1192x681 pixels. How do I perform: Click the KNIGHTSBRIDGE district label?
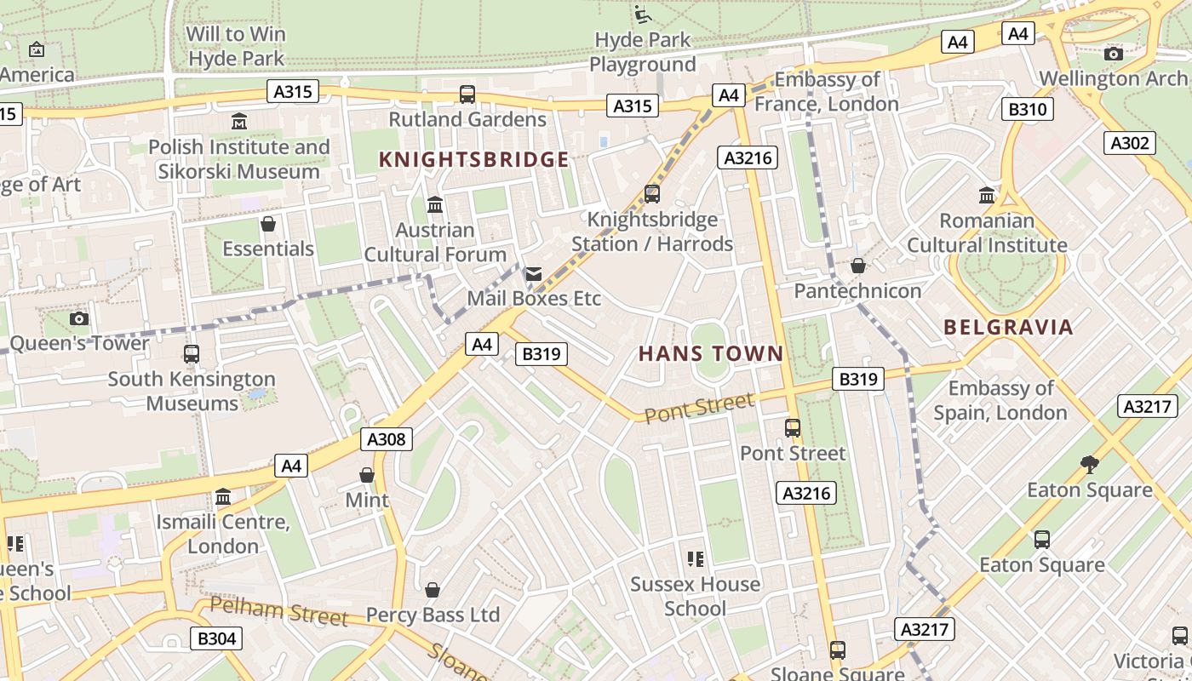[473, 159]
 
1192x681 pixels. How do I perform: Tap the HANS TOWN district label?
[710, 353]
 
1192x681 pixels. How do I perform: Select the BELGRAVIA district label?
[1008, 327]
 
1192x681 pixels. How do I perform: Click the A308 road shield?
[387, 439]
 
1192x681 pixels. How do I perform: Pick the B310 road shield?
[1027, 109]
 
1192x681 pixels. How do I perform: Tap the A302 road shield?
[1130, 143]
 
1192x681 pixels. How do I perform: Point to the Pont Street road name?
[699, 408]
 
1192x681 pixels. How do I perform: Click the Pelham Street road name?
[278, 610]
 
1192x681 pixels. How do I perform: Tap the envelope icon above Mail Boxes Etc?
[534, 274]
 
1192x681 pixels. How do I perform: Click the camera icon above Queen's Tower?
[79, 318]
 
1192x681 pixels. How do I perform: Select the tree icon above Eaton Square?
[1089, 464]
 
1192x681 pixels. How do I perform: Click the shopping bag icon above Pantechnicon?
[857, 266]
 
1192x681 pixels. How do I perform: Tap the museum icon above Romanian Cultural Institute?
[987, 195]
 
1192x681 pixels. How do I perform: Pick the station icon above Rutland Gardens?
[467, 94]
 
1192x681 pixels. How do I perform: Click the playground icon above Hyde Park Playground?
[643, 14]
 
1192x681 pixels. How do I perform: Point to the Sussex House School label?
[695, 596]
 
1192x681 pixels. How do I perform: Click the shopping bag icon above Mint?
[367, 474]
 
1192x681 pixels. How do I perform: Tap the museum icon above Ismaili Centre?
[223, 496]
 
